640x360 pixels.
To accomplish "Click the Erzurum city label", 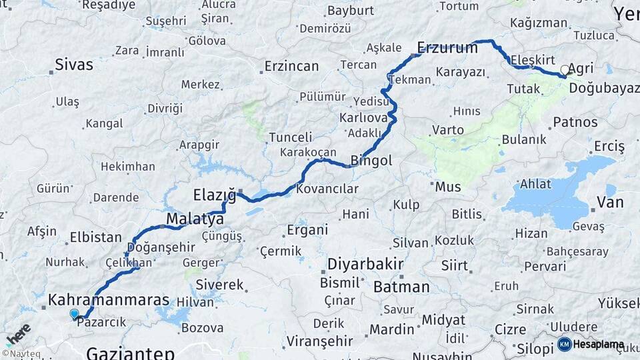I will point(447,47).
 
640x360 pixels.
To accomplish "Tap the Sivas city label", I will point(73,65).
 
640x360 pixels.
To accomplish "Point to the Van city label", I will point(610,202).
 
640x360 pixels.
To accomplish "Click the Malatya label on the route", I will point(195,219).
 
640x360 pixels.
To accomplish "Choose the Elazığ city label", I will point(215,195).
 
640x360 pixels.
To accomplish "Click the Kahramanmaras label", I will point(109,300).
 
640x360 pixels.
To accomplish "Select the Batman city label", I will point(401,287).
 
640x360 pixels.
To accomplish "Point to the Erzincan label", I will point(291,66).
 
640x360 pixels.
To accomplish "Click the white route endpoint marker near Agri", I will point(565,69).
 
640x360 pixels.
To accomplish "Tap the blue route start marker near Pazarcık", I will point(74,313).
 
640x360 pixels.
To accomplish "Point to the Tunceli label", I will point(290,137).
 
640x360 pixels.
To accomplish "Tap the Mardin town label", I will point(392,329).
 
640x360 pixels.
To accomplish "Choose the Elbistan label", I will point(95,237).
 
